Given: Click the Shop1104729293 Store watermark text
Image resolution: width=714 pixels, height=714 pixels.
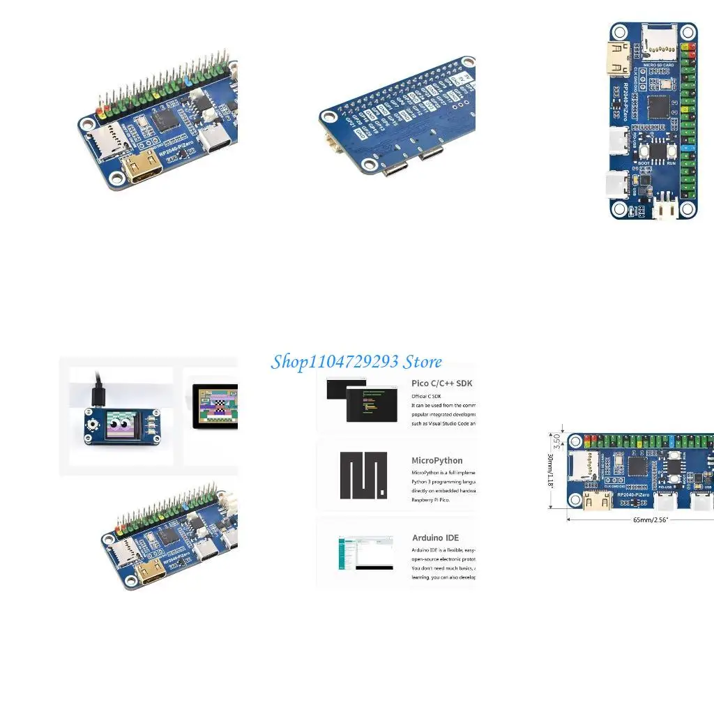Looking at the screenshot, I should click(x=356, y=361).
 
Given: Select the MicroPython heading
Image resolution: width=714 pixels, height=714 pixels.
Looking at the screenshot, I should click(x=436, y=460).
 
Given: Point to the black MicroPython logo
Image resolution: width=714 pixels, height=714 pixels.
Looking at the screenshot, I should click(x=363, y=476).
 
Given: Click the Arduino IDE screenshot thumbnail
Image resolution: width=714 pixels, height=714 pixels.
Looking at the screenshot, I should click(x=363, y=554).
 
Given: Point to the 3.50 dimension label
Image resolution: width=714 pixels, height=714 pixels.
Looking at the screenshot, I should click(x=556, y=441).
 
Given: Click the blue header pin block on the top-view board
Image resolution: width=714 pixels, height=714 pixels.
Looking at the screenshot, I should click(x=690, y=149).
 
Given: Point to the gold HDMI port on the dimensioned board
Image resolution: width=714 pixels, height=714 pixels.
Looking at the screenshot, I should click(x=598, y=499).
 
